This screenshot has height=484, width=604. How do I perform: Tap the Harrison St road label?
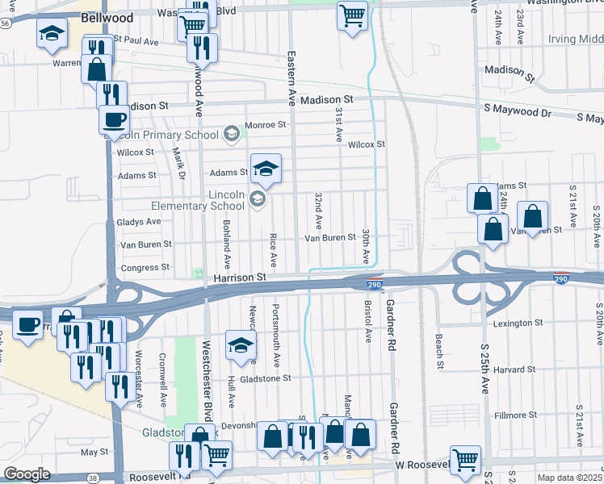(240, 277)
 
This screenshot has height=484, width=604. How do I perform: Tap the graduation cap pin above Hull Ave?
(240, 346)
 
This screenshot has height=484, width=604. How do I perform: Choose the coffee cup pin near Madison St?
(114, 119)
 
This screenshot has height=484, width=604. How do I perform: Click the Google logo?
(27, 474)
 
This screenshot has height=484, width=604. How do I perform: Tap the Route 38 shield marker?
(94, 478)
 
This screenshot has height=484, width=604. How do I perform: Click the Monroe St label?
(266, 125)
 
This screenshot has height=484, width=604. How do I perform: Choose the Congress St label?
(145, 267)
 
